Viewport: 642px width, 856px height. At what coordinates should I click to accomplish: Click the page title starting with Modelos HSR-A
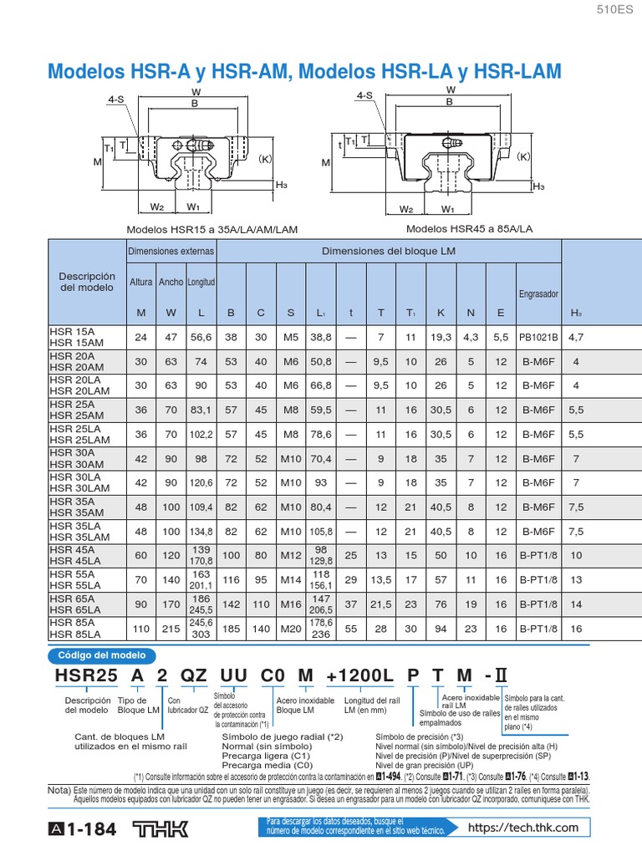click(304, 71)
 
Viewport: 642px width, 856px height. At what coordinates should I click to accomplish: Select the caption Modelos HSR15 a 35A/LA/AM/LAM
click(211, 228)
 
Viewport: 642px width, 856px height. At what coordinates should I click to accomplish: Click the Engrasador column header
click(538, 294)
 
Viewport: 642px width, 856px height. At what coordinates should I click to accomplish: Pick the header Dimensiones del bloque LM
click(389, 251)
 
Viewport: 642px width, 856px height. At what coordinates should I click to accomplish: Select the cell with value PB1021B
click(538, 337)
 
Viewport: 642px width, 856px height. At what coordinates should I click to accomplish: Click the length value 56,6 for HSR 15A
click(201, 337)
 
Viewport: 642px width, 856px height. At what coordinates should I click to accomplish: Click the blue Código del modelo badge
click(101, 655)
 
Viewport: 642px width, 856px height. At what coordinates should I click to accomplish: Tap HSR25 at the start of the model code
click(84, 675)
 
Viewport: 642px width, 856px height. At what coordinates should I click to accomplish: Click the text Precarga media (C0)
click(267, 764)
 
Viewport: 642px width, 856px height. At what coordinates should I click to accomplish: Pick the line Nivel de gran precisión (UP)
click(425, 764)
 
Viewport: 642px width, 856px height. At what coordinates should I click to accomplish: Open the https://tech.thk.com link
click(523, 828)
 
